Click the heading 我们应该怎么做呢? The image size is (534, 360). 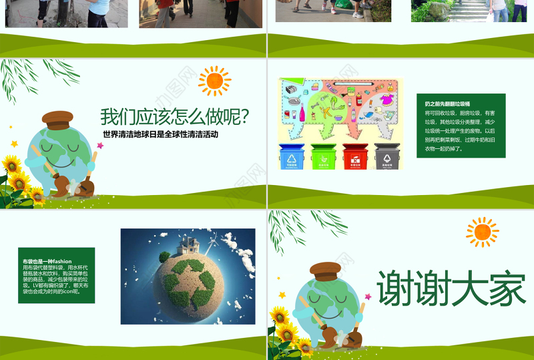click(175, 118)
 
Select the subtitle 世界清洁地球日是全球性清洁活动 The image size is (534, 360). click(161, 134)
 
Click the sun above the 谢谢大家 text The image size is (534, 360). click(482, 232)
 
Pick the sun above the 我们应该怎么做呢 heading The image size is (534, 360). click(214, 81)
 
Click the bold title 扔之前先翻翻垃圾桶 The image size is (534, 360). click(448, 105)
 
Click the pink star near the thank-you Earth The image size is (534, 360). click(282, 295)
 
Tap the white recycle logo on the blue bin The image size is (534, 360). click(291, 159)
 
